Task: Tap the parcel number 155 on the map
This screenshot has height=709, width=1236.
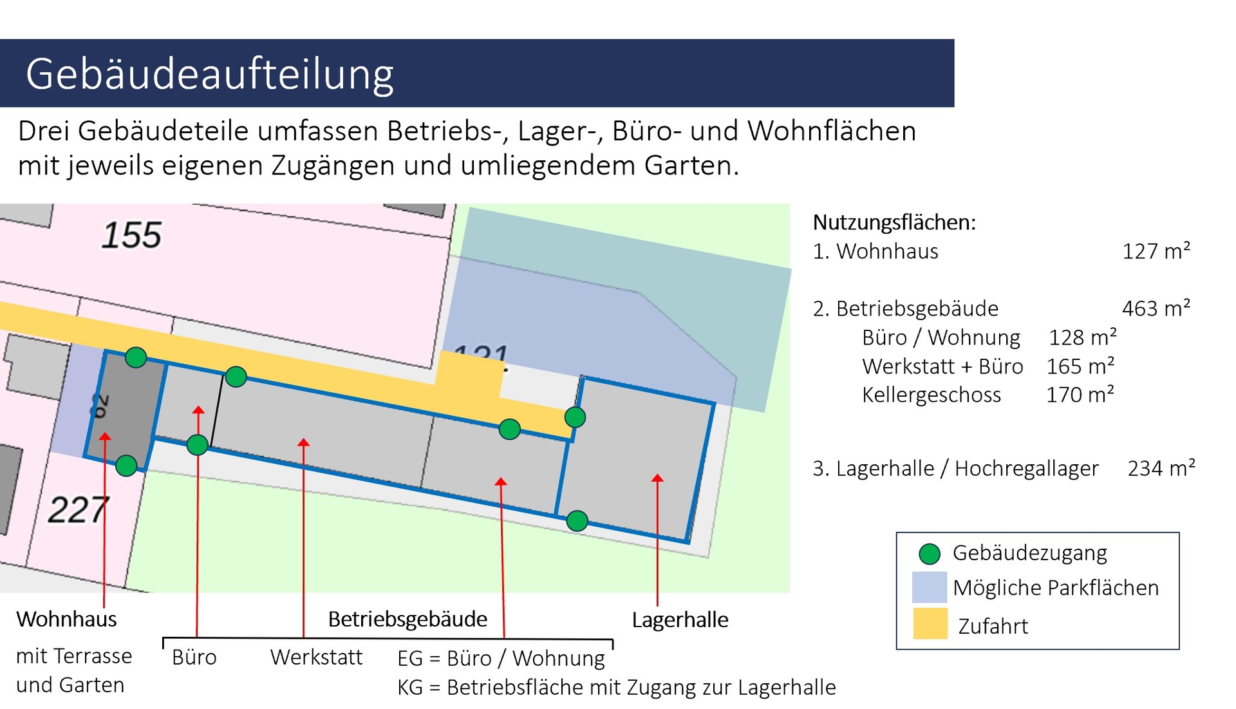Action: (x=131, y=235)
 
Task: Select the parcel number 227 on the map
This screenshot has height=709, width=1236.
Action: (x=78, y=510)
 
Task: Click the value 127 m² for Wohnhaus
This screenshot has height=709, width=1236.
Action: (x=1156, y=251)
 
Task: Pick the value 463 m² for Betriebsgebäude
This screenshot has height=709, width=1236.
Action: (x=1156, y=308)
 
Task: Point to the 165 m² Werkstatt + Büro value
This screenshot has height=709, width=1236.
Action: (x=1080, y=366)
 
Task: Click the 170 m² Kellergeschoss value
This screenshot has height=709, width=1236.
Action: (x=1080, y=394)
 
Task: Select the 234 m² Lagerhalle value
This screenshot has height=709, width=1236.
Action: (x=1161, y=468)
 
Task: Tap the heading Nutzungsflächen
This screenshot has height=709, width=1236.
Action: (x=894, y=222)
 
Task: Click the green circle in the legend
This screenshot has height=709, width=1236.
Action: (x=930, y=553)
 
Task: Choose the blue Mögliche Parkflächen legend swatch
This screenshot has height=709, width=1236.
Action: (x=930, y=587)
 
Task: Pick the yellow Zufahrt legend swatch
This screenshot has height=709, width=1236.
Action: (x=930, y=623)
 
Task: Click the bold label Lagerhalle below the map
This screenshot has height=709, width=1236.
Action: (x=680, y=619)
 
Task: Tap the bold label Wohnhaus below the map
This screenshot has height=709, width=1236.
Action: (x=66, y=619)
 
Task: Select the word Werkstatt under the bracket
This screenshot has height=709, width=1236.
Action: (x=316, y=657)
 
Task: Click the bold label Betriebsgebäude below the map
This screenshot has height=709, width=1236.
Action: (x=407, y=619)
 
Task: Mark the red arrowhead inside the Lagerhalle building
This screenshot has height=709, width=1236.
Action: (x=657, y=478)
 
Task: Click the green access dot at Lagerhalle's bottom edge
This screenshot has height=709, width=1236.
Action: (x=577, y=520)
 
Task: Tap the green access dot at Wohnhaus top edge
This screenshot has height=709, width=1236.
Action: (x=136, y=357)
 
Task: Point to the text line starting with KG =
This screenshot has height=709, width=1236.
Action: (x=616, y=687)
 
